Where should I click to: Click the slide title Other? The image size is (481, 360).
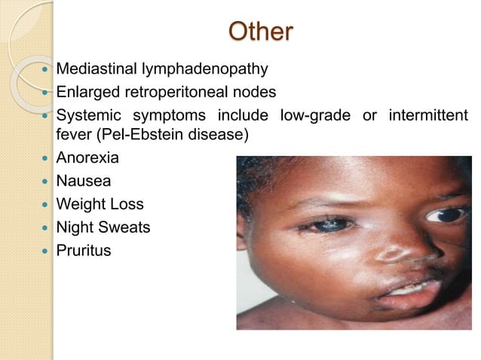coord(261,32)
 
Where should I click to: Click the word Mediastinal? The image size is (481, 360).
coord(94,70)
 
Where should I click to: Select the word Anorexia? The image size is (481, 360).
coord(87,159)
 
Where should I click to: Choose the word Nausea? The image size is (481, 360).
coord(82,182)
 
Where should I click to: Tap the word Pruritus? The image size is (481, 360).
coord(83,250)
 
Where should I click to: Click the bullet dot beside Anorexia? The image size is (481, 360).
coord(44,160)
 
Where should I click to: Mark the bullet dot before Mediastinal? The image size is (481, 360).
coord(44,71)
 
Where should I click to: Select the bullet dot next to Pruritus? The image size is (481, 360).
coord(44,250)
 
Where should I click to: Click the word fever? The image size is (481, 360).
coord(75,136)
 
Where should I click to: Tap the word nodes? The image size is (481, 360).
coord(257,93)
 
